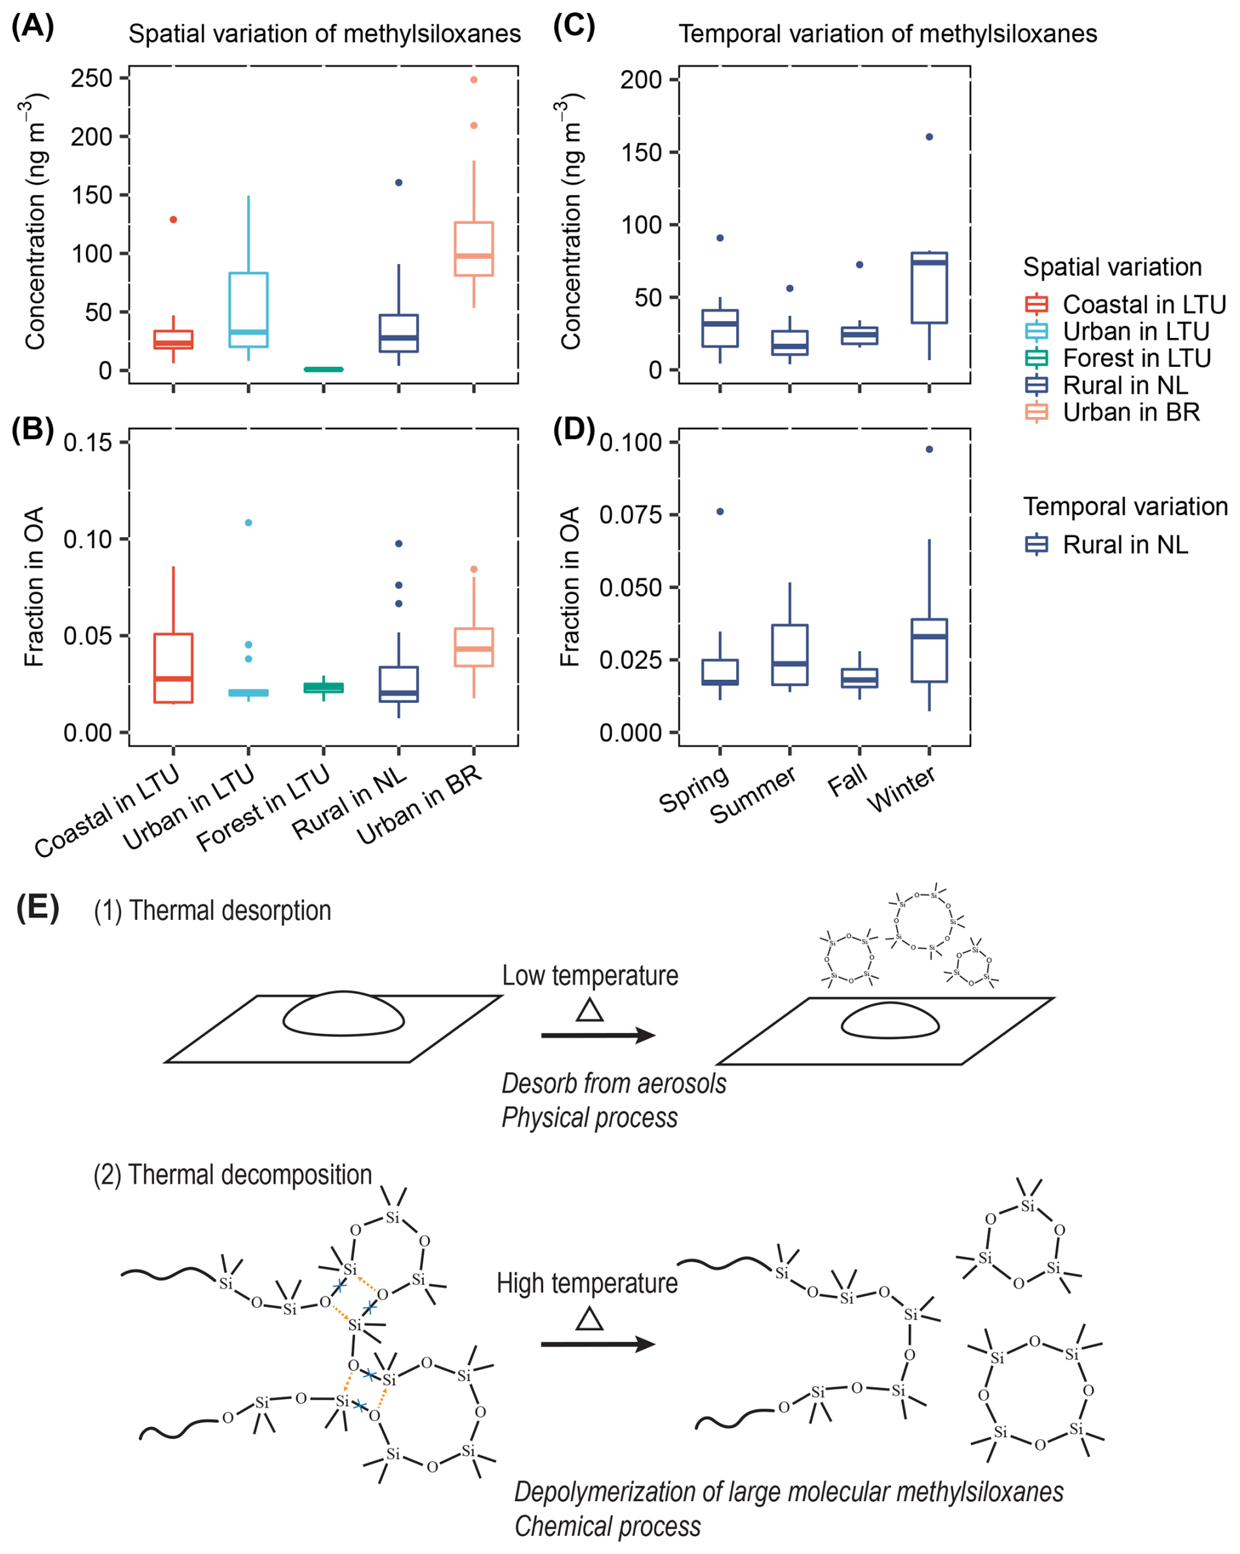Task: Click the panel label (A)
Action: coord(33,27)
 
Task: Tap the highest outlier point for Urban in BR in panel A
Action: coord(474,80)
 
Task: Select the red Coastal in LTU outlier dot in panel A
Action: coord(173,219)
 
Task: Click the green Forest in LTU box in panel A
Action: coord(323,369)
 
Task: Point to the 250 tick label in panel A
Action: coord(91,78)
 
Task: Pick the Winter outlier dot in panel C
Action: coord(929,137)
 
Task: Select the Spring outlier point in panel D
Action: coord(720,512)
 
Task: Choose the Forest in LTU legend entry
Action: coord(1135,358)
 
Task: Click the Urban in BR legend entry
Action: coord(1131,412)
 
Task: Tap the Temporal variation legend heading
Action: coord(1125,506)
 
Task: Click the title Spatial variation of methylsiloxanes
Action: coord(324,34)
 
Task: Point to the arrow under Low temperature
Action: coord(598,1036)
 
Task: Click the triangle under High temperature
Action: coord(590,1319)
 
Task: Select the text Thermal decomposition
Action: coord(250,1175)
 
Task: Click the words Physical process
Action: coord(589,1118)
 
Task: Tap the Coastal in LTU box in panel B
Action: coord(173,668)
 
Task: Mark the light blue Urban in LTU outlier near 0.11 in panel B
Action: coord(249,523)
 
